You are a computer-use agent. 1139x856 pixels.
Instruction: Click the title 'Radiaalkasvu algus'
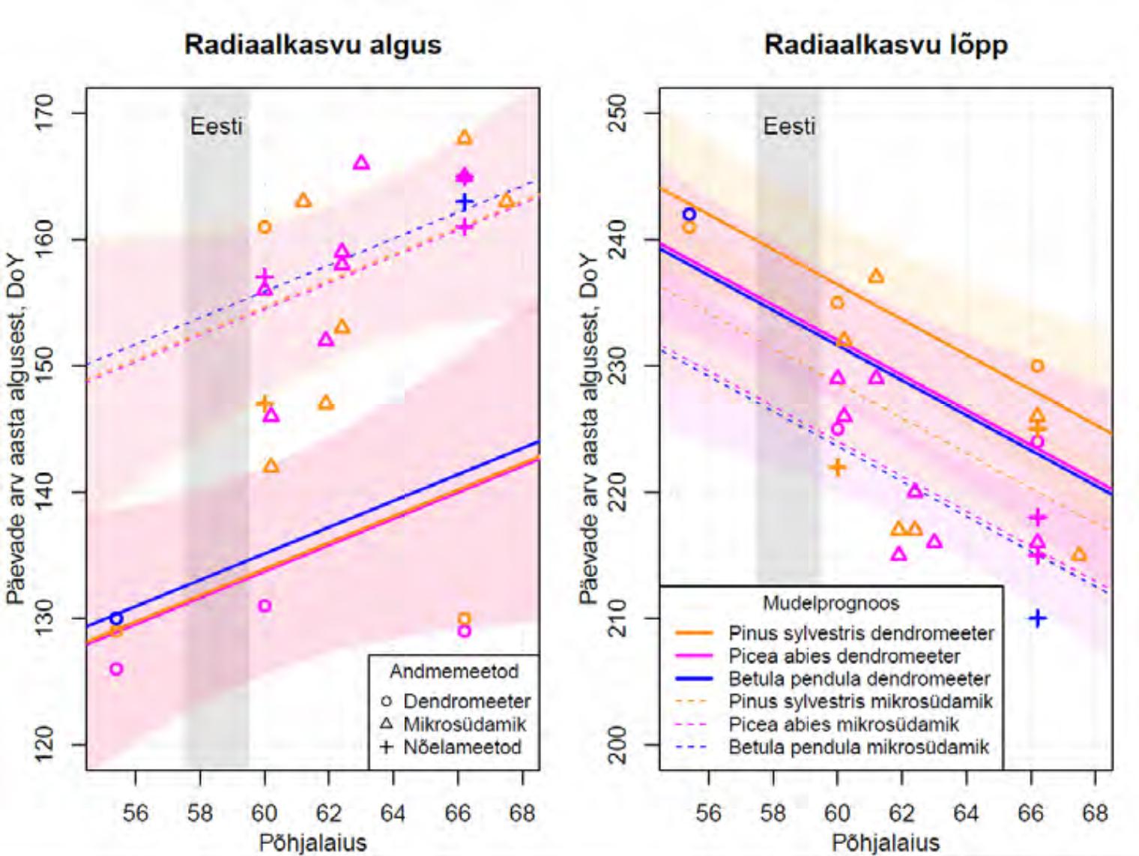[312, 45]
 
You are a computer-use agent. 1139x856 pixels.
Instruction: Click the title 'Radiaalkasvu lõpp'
[886, 45]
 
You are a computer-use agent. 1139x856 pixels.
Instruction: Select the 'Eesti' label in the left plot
[216, 126]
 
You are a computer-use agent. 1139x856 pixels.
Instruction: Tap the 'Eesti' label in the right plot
[788, 126]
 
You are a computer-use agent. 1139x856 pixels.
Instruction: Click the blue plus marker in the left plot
[465, 202]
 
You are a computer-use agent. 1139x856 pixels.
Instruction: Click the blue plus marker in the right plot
[1037, 618]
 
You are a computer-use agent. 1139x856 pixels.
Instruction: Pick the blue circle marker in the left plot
[116, 618]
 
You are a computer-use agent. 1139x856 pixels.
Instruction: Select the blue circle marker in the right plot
[689, 214]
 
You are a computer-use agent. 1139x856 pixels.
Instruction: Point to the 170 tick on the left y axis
[44, 113]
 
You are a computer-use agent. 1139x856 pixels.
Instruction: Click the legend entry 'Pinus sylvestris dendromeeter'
[861, 633]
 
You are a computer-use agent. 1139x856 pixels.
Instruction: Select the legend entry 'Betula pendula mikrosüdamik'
[858, 747]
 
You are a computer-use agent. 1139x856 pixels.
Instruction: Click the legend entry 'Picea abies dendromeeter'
[844, 657]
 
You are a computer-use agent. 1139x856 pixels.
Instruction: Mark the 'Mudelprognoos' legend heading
[831, 603]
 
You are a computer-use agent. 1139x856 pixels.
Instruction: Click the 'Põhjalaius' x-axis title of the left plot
[312, 843]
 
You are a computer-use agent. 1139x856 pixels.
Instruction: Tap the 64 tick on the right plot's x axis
[966, 813]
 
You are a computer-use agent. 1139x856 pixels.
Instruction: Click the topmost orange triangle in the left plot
[465, 138]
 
